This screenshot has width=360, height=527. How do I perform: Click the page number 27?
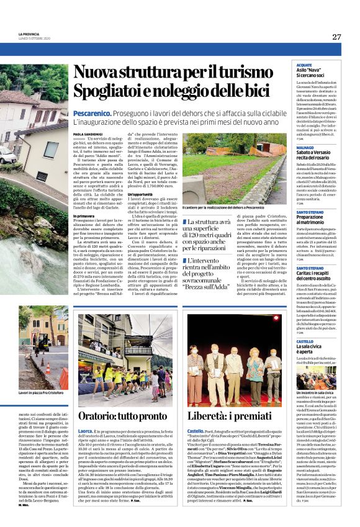pyautogui.click(x=336, y=37)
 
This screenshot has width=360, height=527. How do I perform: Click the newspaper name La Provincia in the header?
pyautogui.click(x=28, y=34)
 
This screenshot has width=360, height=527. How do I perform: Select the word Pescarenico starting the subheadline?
pyautogui.click(x=92, y=115)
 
